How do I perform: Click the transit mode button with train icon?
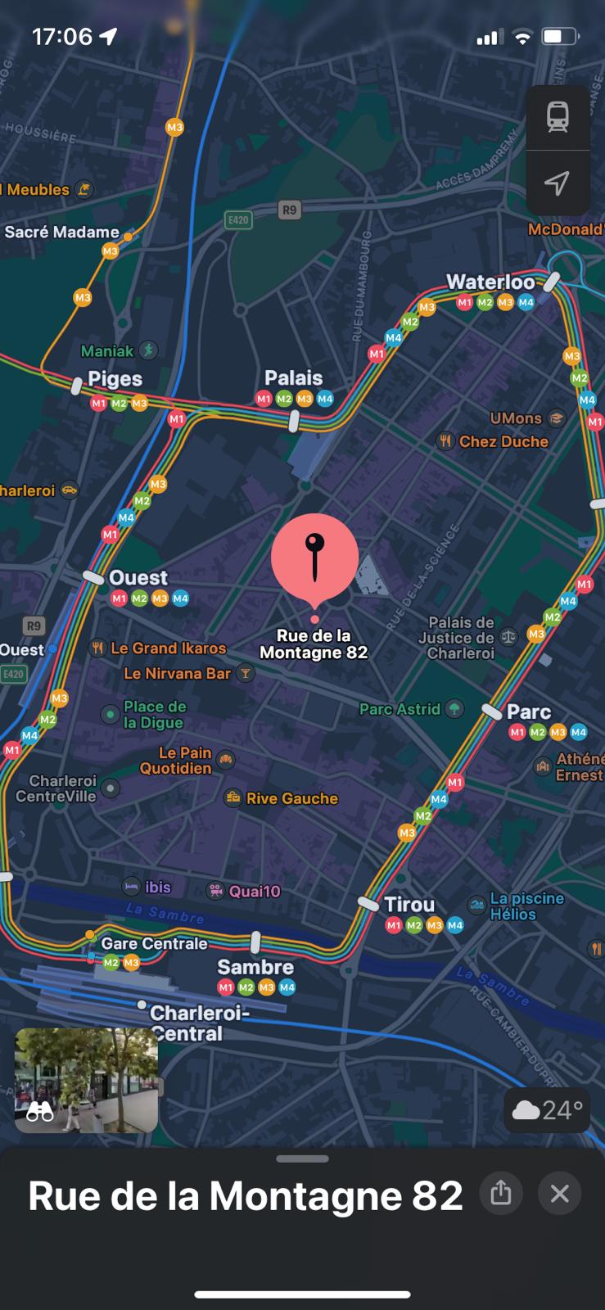558,117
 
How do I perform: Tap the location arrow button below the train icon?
558,183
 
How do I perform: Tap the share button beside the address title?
501,1193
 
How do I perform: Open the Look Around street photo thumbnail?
87,1080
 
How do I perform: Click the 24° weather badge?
547,1109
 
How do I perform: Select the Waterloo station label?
490,282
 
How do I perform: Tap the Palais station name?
293,377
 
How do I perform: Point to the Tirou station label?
409,904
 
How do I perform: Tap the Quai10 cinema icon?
215,891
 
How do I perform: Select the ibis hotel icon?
131,886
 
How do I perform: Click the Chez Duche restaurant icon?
445,441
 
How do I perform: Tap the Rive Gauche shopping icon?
233,797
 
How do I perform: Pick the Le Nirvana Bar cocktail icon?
245,673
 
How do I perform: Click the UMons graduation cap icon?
557,418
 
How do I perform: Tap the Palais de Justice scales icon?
508,636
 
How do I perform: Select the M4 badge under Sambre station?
287,987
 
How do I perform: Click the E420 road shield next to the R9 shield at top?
237,219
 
